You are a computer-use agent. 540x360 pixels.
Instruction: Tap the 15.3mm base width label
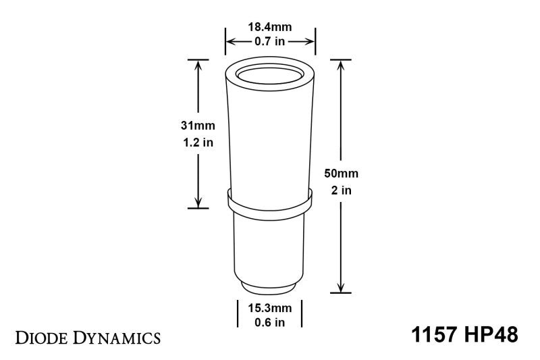(269, 307)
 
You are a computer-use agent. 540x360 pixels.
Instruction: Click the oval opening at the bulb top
(270, 75)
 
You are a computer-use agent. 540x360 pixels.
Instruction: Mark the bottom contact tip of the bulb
(270, 288)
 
